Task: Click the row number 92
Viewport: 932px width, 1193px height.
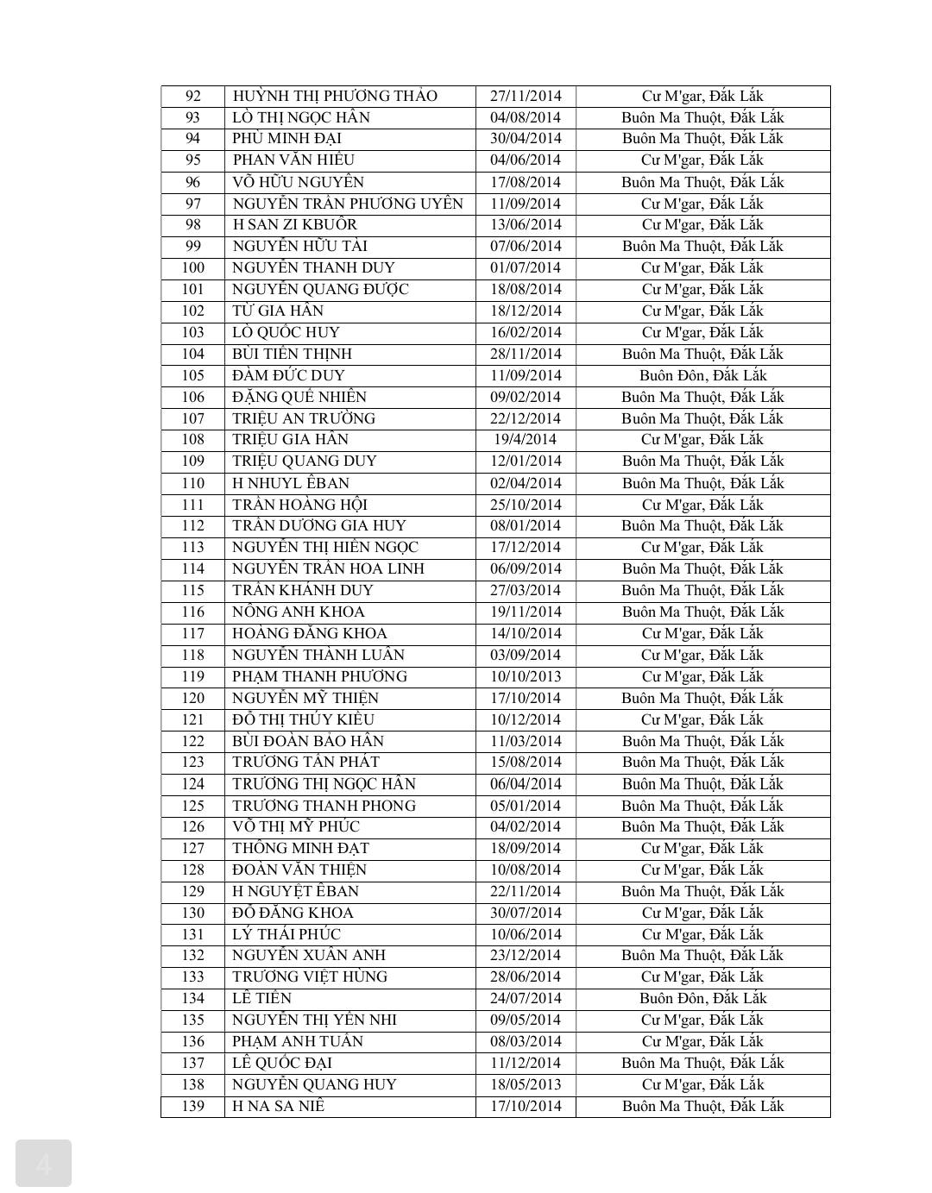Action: [192, 96]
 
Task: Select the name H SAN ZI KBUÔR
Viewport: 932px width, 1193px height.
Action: [294, 224]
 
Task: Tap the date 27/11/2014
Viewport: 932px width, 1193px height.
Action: [526, 96]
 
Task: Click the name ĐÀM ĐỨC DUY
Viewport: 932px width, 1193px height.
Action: [288, 375]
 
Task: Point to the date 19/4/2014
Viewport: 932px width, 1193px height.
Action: [526, 439]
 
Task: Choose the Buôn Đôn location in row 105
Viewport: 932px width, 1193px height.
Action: [702, 375]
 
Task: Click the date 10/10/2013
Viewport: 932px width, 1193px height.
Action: [526, 676]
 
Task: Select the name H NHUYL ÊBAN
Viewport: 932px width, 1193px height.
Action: [291, 483]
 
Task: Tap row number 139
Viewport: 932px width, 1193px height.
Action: [192, 1106]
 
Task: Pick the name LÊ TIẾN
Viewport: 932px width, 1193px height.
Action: [262, 998]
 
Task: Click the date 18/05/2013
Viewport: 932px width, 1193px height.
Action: [526, 1084]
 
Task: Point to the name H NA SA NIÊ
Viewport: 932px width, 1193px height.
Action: [278, 1106]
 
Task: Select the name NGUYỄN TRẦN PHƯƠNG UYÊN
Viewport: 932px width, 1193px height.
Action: [348, 204]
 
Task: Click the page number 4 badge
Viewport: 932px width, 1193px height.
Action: [43, 1164]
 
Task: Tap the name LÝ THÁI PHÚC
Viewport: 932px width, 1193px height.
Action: [287, 934]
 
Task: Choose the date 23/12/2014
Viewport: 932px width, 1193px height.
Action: [526, 955]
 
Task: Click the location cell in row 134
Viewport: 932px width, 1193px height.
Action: [702, 998]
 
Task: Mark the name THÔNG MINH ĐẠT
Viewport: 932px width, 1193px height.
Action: [300, 848]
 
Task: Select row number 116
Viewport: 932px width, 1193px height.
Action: [192, 612]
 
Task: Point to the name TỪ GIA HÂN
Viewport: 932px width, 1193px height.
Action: [278, 311]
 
